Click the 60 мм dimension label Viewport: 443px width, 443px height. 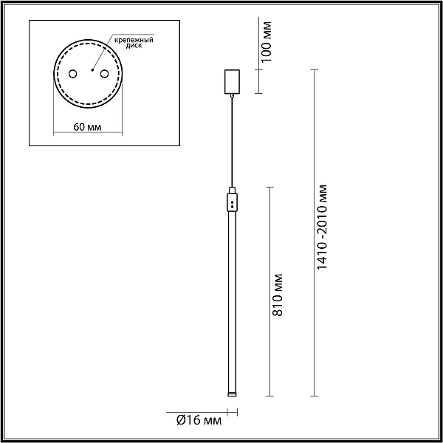[87, 127]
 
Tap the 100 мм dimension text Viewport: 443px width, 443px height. [266, 42]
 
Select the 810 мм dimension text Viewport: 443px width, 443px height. [278, 295]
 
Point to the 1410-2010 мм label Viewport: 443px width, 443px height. [322, 227]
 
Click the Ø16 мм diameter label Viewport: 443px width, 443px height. [199, 420]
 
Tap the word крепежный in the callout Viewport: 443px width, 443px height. [134, 40]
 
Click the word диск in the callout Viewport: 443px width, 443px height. [134, 46]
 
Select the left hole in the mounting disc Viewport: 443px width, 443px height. [72, 74]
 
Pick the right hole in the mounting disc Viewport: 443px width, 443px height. [104, 74]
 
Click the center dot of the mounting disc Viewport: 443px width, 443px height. [92, 70]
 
